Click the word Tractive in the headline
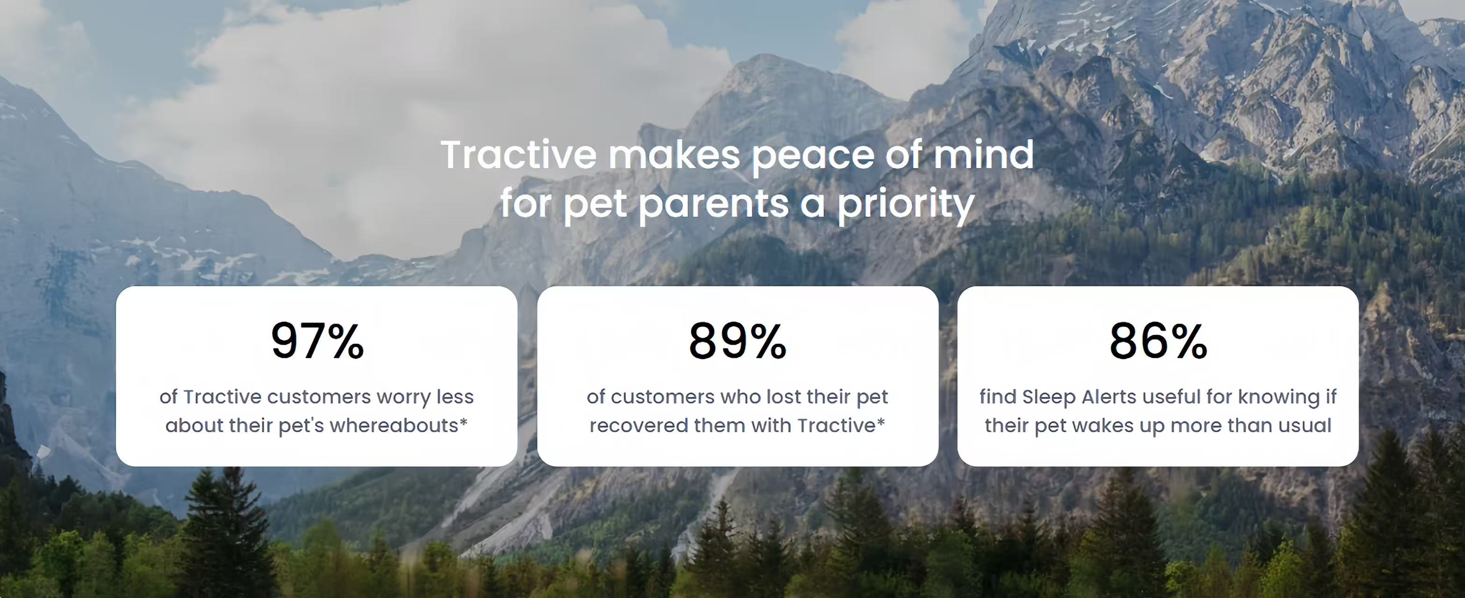coord(519,155)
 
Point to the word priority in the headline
coord(905,204)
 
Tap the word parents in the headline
coord(714,205)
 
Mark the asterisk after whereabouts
coord(463,421)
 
